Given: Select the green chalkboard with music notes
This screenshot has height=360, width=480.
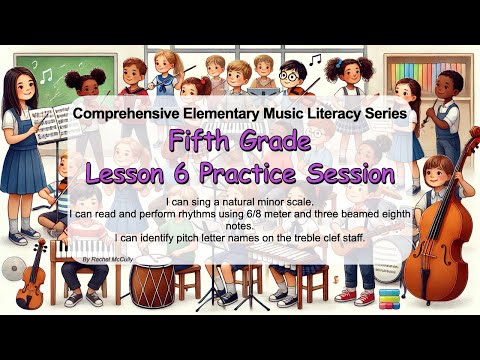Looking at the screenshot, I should [50, 75].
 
